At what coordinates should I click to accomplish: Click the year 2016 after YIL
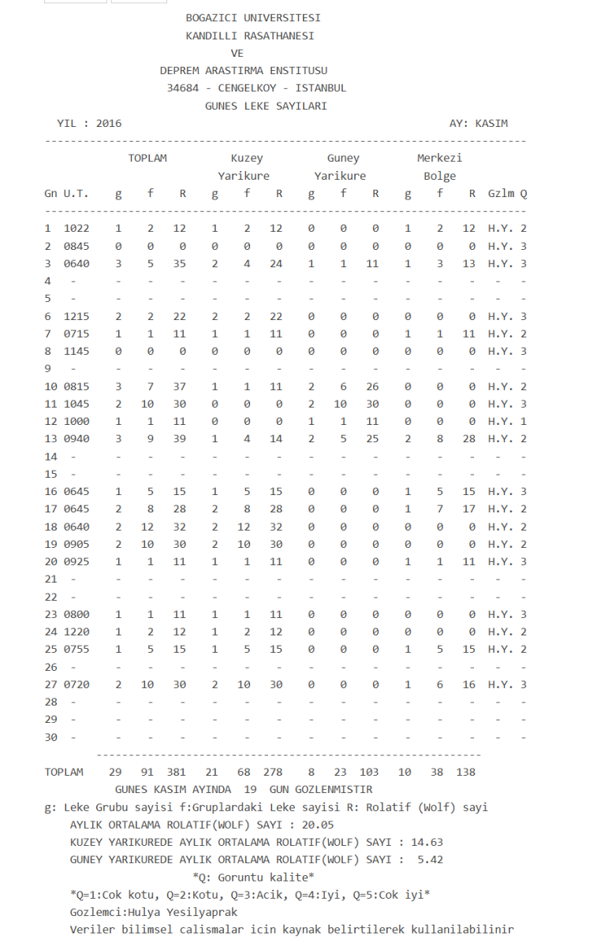point(109,124)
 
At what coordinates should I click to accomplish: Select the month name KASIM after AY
point(492,124)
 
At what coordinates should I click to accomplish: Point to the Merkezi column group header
point(439,158)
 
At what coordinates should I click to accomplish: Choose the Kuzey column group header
point(247,158)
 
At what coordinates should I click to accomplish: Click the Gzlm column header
point(501,194)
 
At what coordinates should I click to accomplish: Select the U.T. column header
point(76,194)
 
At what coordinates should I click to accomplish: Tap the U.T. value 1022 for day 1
point(76,229)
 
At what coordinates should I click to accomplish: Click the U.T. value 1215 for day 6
point(76,316)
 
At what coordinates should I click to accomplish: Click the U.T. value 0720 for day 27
point(76,684)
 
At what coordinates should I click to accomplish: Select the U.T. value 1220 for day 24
point(76,631)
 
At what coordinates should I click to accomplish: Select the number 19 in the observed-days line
point(250,789)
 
